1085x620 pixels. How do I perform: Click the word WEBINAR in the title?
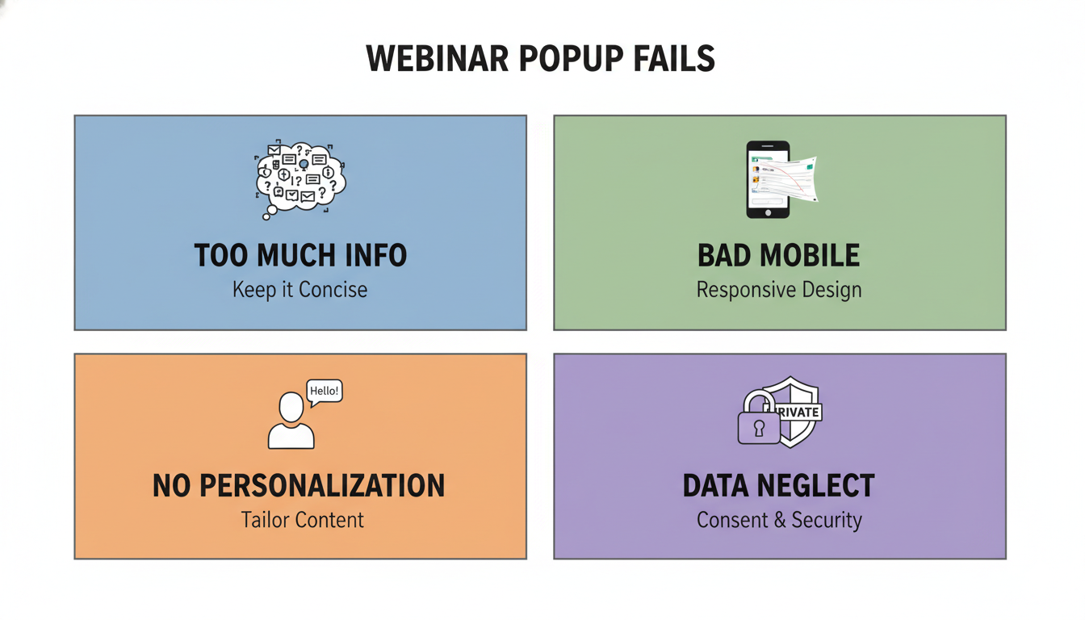[x=435, y=60]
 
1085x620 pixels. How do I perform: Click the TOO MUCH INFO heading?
[x=300, y=256]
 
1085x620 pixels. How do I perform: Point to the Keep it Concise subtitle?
[x=300, y=289]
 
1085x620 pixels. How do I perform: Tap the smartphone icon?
[x=767, y=179]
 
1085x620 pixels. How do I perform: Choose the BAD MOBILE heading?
[x=779, y=256]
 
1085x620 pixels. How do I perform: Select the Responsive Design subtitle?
[x=779, y=289]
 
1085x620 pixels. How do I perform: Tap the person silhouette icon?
[x=291, y=421]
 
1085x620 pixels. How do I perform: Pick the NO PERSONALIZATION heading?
[x=299, y=486]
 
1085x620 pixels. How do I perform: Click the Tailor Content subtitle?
[x=302, y=519]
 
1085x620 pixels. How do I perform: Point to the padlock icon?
[x=759, y=420]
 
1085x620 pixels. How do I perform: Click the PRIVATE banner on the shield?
[x=799, y=413]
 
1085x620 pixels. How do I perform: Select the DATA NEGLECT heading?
[x=778, y=486]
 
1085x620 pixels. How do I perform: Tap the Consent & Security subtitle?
[x=779, y=519]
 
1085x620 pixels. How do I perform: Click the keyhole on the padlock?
[x=759, y=429]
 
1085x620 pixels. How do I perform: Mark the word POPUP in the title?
[x=562, y=60]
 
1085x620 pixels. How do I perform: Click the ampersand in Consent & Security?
[x=779, y=520]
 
